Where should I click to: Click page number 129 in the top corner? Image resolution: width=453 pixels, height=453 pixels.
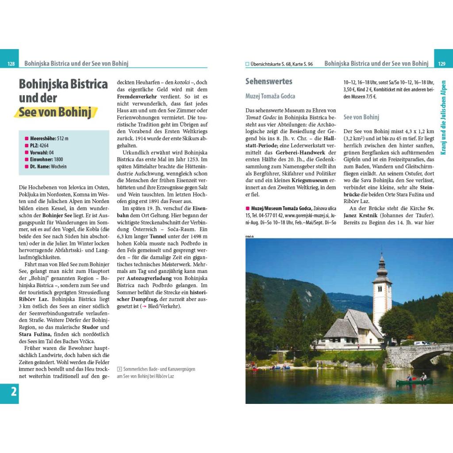tap(441, 64)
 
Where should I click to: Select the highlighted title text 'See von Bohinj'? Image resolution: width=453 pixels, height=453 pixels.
tap(55, 112)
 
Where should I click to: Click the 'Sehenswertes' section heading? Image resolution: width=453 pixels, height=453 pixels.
tap(269, 81)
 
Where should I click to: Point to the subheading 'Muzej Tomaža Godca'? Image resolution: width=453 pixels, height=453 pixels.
tap(270, 96)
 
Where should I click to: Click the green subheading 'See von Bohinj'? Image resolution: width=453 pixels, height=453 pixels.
tap(361, 117)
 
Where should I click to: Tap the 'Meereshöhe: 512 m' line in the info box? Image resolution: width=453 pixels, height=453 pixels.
tap(49, 138)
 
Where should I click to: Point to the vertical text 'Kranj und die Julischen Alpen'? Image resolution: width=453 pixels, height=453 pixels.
tap(444, 117)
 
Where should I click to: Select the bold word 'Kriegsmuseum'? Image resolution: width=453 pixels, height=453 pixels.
tap(310, 180)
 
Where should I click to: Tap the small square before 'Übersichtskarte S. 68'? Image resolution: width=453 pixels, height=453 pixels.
tap(248, 64)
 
